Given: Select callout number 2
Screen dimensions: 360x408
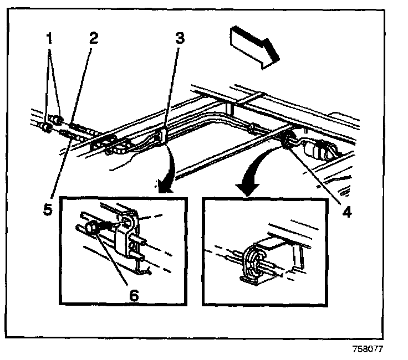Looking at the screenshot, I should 94,39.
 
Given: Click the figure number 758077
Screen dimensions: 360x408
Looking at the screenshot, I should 366,349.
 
